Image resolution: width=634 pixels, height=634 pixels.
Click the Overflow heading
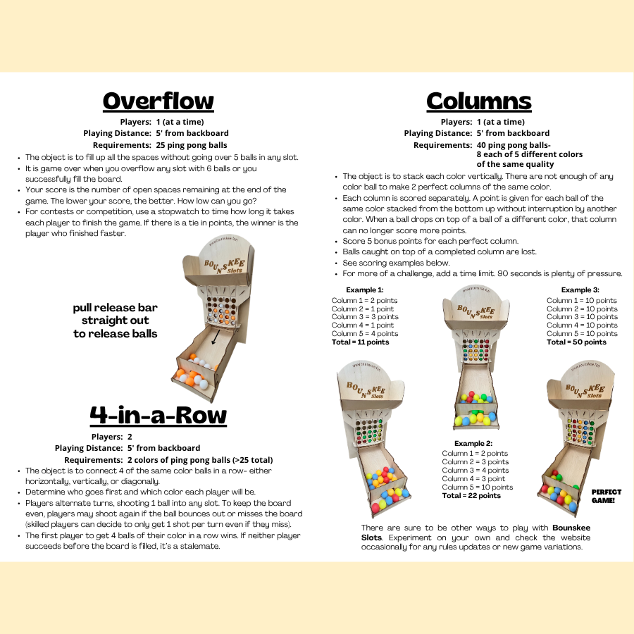158,101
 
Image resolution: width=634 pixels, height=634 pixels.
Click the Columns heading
478,101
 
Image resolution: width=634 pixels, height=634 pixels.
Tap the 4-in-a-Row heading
158,416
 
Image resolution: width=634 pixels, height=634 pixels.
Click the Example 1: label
365,290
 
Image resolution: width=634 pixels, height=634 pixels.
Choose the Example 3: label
580,290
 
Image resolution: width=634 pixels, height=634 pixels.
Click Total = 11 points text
360,342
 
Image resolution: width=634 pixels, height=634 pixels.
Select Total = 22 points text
471,496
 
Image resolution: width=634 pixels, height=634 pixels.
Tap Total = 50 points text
576,342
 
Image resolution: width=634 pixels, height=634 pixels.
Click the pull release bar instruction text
115,321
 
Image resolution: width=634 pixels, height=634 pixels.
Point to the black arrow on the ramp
215,341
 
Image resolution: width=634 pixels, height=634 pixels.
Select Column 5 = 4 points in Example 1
365,334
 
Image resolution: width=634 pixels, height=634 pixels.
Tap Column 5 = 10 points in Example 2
478,487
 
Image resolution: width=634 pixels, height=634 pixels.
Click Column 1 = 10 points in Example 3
582,300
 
